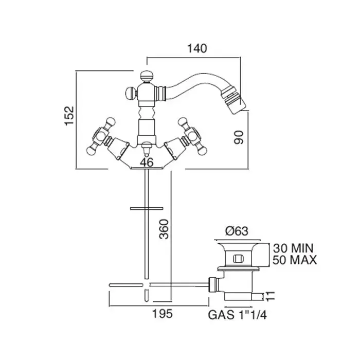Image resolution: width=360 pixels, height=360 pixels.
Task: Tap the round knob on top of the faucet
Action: [x=145, y=75]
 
